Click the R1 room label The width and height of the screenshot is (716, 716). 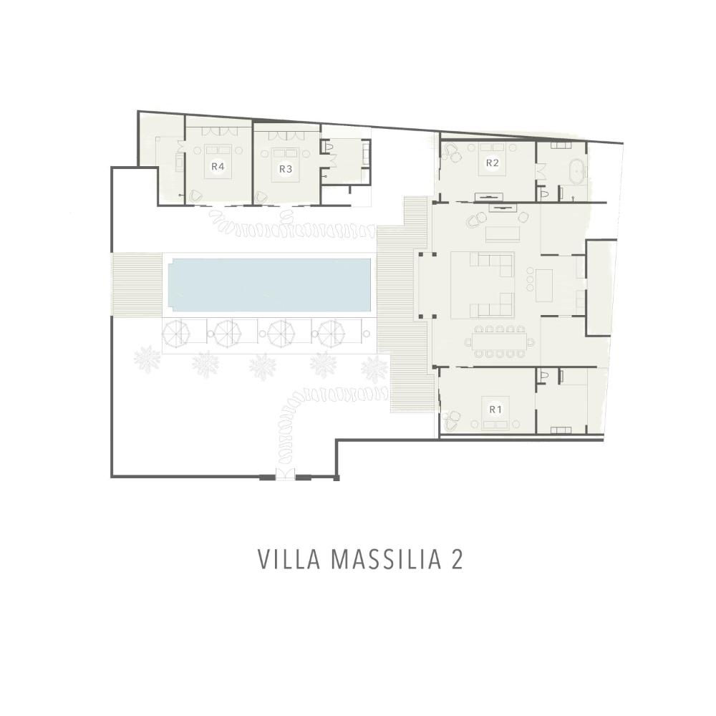(495, 410)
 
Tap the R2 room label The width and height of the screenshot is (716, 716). (492, 163)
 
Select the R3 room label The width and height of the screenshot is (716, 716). (286, 169)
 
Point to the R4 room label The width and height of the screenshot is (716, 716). (218, 166)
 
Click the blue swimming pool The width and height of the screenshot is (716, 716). (269, 284)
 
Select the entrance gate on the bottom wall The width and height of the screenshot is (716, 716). (286, 473)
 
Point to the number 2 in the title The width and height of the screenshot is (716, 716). (457, 559)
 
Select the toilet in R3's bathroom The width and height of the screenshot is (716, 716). (327, 146)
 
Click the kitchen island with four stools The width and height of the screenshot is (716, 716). (544, 285)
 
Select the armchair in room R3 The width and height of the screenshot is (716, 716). (261, 197)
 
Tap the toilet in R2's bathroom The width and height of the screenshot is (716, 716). (544, 194)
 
